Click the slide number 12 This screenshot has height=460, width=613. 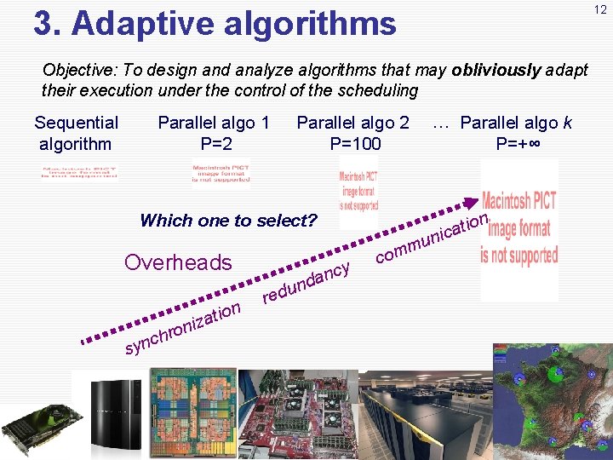coord(601,9)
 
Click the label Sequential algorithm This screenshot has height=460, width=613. coord(76,133)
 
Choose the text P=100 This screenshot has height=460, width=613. coord(355,143)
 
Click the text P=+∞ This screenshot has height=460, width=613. coord(523,143)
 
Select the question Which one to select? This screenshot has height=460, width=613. coord(227,221)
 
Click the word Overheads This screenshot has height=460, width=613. coord(178,262)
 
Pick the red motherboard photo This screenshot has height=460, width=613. coord(295,414)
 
